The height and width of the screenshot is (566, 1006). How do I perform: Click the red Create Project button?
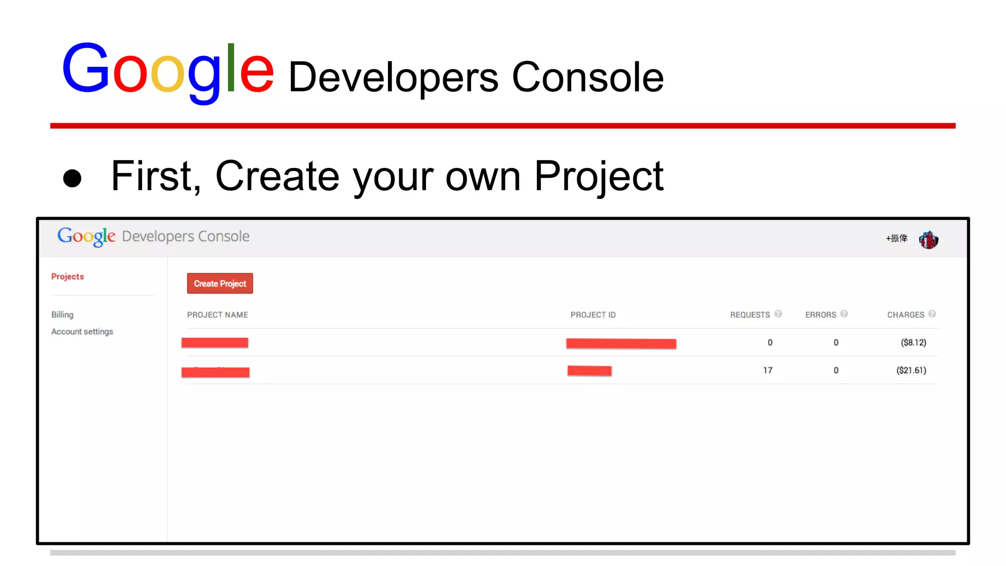tap(220, 283)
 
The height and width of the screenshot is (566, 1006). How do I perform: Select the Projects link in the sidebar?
tap(67, 277)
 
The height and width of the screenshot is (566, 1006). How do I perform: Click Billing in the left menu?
tap(62, 314)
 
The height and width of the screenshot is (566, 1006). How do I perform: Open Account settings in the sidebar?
tap(82, 332)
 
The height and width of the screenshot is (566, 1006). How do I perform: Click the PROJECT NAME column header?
tap(217, 315)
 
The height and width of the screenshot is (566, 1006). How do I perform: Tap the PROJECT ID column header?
tap(593, 315)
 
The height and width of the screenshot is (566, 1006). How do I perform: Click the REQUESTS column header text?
tap(750, 315)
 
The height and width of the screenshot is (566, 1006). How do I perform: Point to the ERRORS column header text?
tap(820, 315)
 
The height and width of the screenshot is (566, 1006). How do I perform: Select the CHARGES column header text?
tap(905, 315)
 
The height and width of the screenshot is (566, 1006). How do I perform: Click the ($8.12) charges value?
tap(913, 342)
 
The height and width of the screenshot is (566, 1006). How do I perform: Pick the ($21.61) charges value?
tap(911, 370)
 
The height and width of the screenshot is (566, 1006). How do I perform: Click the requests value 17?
tap(768, 370)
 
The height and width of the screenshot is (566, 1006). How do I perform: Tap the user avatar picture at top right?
tap(928, 240)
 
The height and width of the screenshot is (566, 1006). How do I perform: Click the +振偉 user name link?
tap(896, 238)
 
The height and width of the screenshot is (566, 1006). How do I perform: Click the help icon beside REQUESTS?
tap(778, 314)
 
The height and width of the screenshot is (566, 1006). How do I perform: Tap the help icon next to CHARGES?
tap(932, 314)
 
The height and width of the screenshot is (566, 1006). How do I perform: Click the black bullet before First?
tap(72, 178)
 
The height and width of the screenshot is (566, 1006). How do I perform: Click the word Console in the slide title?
tap(587, 78)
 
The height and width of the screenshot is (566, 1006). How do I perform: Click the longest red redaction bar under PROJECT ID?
tap(621, 343)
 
